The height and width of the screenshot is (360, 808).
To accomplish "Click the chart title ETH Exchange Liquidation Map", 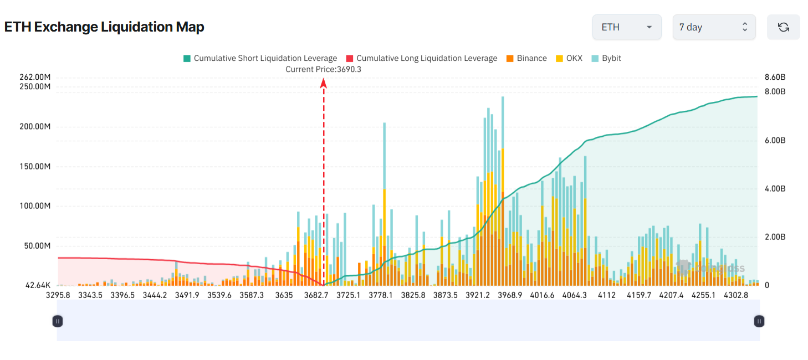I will click(x=104, y=27).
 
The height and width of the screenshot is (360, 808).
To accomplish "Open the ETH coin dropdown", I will click(x=626, y=27).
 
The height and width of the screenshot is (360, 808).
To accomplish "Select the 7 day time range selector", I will click(x=714, y=27).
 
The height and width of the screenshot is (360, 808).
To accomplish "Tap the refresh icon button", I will click(x=783, y=27).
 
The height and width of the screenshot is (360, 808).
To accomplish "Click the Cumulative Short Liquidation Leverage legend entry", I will click(x=260, y=58).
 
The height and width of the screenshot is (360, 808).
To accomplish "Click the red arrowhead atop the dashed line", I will click(x=324, y=83).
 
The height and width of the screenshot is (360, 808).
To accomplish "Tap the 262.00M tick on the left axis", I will click(x=34, y=77).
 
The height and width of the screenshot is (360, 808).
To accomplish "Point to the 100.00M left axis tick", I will click(x=34, y=206).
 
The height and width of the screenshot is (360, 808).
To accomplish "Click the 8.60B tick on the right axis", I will click(x=775, y=77).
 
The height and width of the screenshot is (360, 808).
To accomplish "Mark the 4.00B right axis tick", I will click(x=775, y=189).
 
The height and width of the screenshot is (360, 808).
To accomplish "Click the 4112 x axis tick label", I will click(x=606, y=295).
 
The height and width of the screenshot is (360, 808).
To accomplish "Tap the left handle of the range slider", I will click(x=58, y=321).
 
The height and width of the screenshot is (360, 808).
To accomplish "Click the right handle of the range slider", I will click(x=759, y=321).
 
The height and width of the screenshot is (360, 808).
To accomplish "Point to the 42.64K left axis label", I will click(x=38, y=286).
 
